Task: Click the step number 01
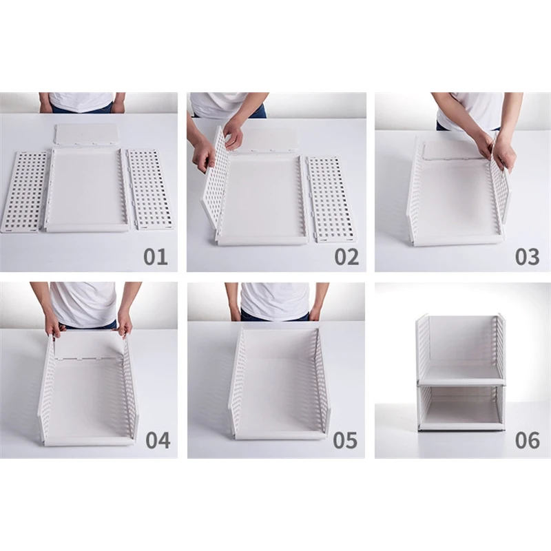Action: (x=156, y=257)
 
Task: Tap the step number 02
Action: (x=346, y=257)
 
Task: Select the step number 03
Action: (x=527, y=257)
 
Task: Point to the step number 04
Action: (x=158, y=439)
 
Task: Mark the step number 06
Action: (x=527, y=439)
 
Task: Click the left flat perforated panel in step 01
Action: (x=25, y=190)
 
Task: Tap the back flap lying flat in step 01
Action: (x=86, y=134)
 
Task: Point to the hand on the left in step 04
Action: (x=54, y=325)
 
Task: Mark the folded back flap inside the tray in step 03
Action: (x=453, y=150)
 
